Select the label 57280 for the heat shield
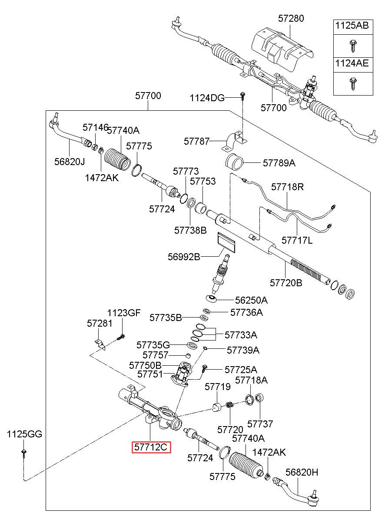(291, 18)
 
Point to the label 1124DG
(207, 98)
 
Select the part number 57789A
(279, 163)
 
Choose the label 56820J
(70, 162)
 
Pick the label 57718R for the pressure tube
(287, 187)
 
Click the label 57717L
(297, 240)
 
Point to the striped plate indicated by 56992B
(226, 242)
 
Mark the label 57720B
(286, 283)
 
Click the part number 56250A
(251, 300)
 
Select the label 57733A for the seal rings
(241, 335)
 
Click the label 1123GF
(124, 313)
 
